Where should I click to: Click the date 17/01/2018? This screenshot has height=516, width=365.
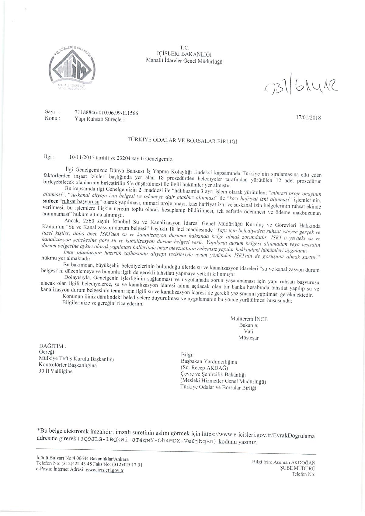(308, 117)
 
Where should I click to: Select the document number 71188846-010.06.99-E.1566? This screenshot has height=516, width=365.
(106, 113)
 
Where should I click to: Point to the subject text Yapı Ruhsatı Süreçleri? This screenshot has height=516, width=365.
(100, 120)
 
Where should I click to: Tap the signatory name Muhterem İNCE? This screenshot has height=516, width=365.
(249, 319)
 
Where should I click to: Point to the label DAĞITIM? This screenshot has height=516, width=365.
(52, 346)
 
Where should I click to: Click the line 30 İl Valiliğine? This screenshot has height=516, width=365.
(56, 371)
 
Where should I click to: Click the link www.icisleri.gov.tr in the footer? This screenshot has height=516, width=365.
(105, 470)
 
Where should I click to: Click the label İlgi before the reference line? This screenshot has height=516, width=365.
(49, 157)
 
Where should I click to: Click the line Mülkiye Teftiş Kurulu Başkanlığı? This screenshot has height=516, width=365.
(76, 359)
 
